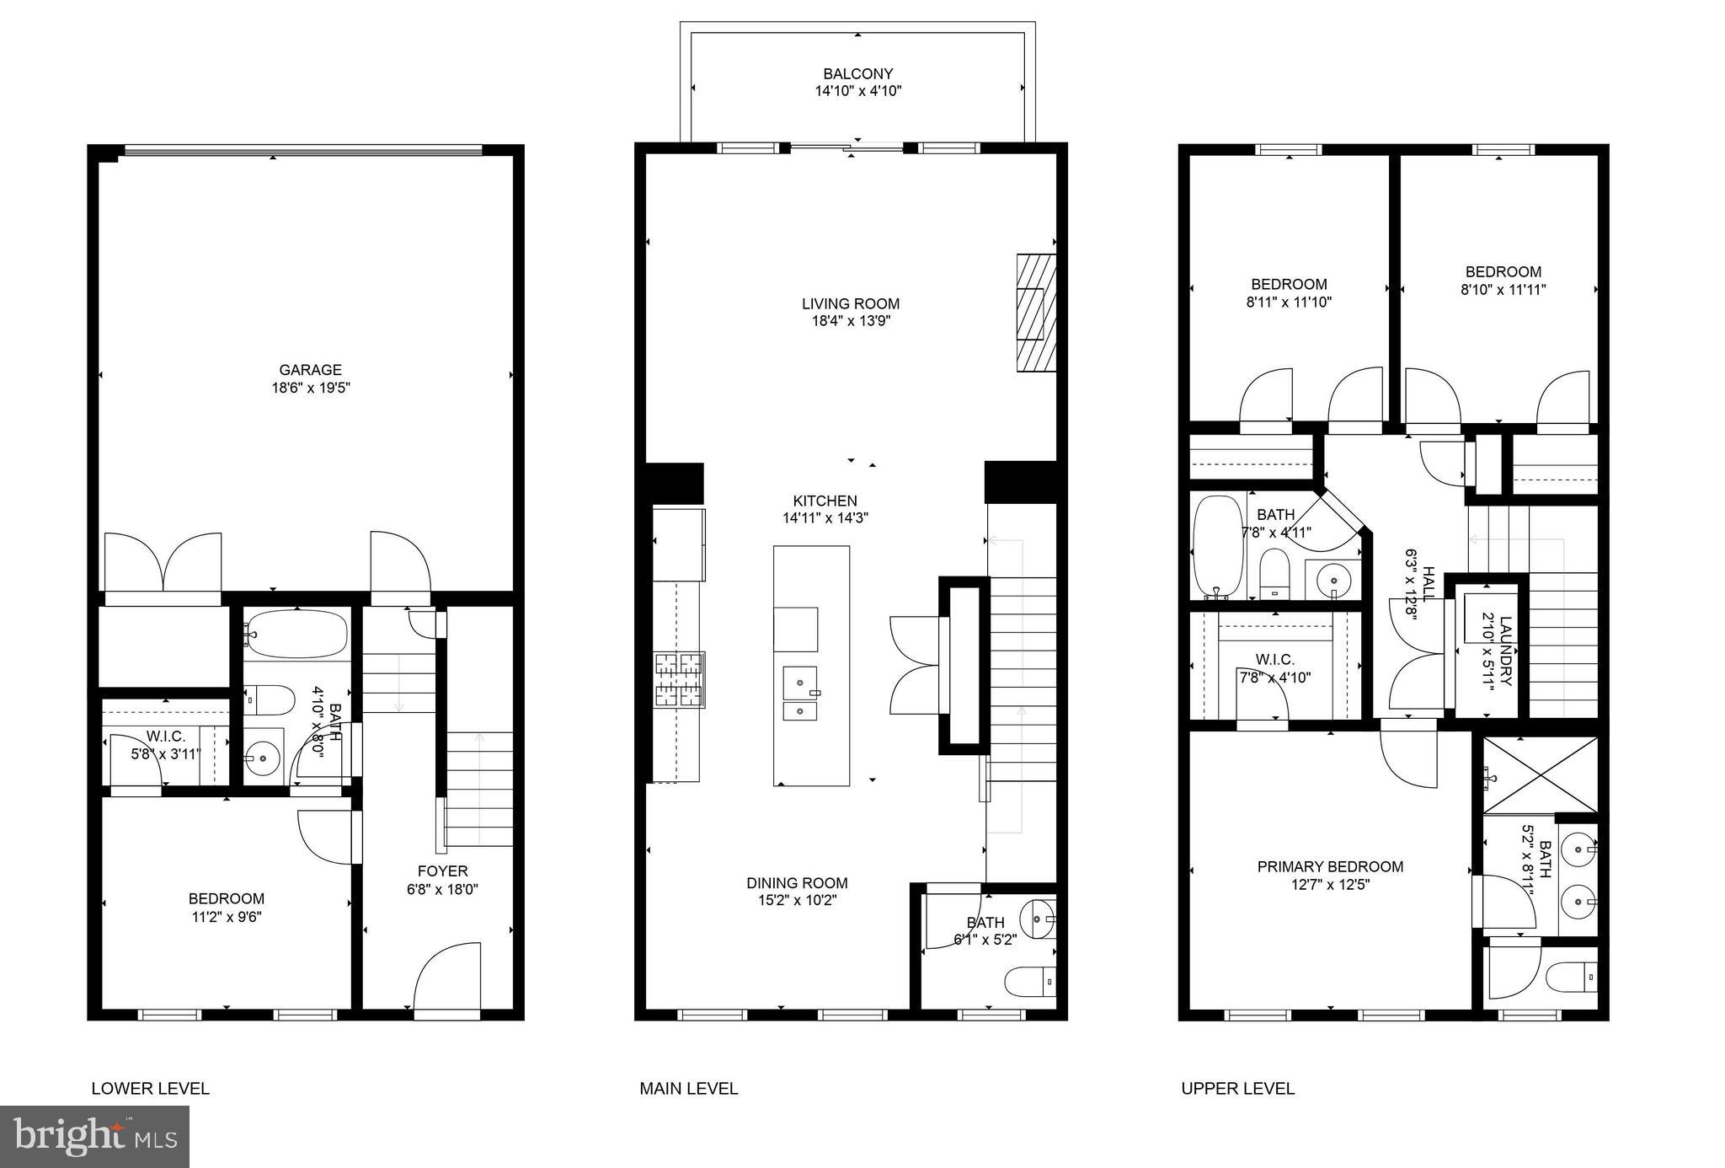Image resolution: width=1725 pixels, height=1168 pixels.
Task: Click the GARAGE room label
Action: [310, 370]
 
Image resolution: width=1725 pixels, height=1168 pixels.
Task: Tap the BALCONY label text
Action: [857, 74]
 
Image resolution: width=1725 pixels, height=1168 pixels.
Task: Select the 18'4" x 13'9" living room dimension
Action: [850, 321]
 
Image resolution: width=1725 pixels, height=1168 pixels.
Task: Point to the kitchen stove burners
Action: [680, 679]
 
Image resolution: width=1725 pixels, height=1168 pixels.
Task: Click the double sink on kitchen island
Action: [799, 694]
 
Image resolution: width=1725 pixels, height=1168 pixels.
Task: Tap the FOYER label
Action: [442, 871]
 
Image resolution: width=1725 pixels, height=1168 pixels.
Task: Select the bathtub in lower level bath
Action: [298, 633]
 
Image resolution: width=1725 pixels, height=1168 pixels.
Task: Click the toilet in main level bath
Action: [1029, 982]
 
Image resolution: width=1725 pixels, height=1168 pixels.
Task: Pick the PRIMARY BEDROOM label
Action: [1329, 867]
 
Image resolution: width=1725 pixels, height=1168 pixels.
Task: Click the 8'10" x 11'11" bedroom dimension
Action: [1503, 290]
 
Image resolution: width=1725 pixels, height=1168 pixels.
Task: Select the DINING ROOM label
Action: [796, 883]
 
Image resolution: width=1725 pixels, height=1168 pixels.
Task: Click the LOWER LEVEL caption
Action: [150, 1089]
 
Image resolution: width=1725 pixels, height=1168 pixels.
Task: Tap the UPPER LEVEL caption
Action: [1236, 1089]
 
